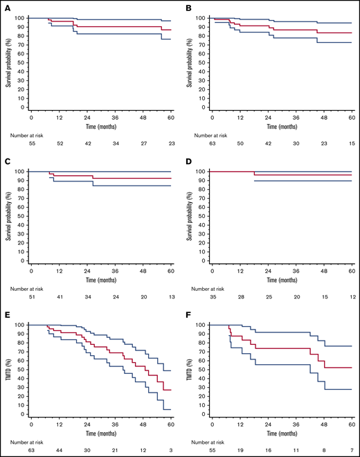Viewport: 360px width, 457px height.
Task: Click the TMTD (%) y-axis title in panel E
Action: tap(8, 368)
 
